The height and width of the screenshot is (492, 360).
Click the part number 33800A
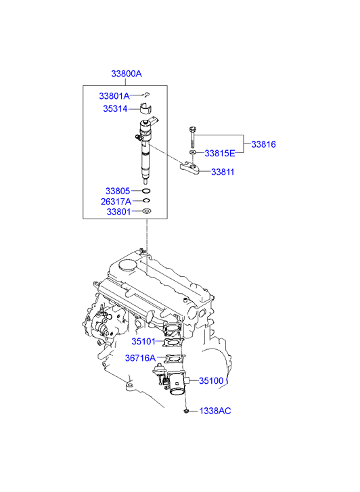pyautogui.click(x=127, y=74)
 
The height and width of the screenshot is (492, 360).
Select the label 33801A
pyautogui.click(x=114, y=96)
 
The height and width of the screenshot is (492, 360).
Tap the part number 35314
pyautogui.click(x=115, y=109)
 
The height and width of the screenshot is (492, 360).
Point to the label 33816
pyautogui.click(x=264, y=144)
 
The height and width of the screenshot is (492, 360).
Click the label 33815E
pyautogui.click(x=220, y=154)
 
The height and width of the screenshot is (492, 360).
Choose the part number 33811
pyautogui.click(x=223, y=172)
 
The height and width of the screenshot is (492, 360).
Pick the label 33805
pyautogui.click(x=118, y=191)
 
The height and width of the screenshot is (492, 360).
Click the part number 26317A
pyautogui.click(x=116, y=202)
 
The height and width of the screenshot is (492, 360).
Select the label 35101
pyautogui.click(x=143, y=341)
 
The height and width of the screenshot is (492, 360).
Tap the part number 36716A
pyautogui.click(x=140, y=358)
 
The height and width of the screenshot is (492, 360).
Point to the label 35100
pyautogui.click(x=211, y=381)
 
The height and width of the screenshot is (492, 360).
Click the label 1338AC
pyautogui.click(x=215, y=411)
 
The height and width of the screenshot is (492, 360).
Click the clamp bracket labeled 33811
pyautogui.click(x=190, y=168)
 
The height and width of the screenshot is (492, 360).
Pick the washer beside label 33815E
pyautogui.click(x=193, y=152)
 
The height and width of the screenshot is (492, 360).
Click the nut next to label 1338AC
pyautogui.click(x=186, y=411)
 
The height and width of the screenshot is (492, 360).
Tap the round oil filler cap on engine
pyautogui.click(x=127, y=265)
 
